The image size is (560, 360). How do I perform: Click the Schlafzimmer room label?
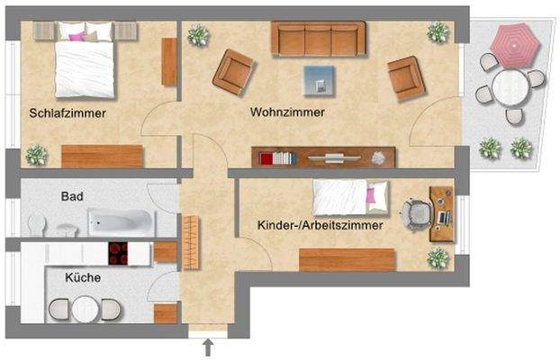click(x=68, y=114)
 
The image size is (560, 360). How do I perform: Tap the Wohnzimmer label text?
click(x=287, y=112)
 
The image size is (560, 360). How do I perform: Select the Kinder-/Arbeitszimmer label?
click(x=320, y=226)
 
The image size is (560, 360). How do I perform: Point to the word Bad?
click(x=72, y=196)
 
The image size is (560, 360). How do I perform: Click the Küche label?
click(x=82, y=278)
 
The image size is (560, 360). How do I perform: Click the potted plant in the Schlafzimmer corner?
click(x=36, y=154)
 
